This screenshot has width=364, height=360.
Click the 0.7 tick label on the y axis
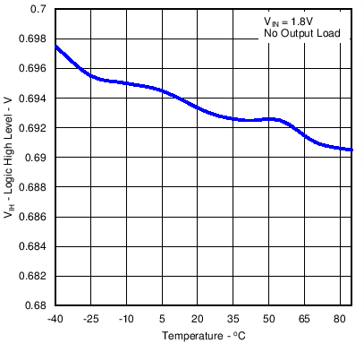coord(40,9)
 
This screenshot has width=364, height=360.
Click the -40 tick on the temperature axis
coord(55,318)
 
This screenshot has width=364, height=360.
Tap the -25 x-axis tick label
coord(91,318)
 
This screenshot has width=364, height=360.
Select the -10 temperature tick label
coord(126,318)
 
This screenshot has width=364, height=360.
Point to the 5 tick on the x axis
coord(162,318)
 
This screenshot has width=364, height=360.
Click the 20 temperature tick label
coord(198,318)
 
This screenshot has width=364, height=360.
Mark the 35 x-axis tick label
coord(233,318)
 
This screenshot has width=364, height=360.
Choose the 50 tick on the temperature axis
coord(268,318)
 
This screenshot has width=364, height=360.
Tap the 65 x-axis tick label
coord(304,318)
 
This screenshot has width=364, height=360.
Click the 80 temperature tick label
coord(340,318)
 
